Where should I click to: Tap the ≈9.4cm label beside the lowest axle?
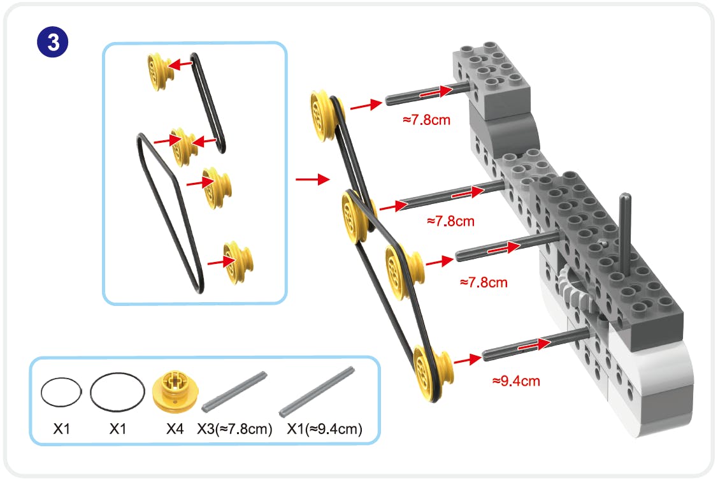515,381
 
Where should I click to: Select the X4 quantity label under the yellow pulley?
175,430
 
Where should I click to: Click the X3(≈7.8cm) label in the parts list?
234,430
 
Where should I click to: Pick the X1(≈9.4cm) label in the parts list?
325,430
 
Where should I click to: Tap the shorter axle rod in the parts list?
233,390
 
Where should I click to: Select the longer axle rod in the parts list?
317,389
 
